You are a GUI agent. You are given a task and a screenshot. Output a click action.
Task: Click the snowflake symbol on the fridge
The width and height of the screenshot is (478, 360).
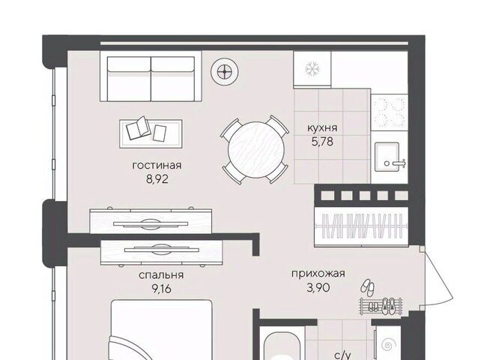312,69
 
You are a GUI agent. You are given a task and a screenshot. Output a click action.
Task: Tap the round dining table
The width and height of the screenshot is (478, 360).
256,149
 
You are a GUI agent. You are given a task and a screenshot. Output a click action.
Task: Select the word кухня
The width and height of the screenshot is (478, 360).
322,127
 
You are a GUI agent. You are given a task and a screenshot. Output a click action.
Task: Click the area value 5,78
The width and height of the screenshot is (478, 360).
322,142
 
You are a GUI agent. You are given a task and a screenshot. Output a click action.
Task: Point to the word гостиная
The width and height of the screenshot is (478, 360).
157,165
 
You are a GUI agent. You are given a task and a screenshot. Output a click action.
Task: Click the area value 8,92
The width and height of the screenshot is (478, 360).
157,179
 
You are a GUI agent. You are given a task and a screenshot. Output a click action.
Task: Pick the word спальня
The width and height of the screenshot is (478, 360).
161,275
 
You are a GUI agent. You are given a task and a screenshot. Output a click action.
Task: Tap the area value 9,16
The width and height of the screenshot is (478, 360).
161,289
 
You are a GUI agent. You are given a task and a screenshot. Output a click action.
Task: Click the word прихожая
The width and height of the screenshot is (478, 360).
318,274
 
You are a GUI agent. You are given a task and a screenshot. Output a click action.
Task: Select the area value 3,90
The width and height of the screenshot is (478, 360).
318,287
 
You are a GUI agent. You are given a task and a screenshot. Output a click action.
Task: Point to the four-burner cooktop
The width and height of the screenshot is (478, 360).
390,111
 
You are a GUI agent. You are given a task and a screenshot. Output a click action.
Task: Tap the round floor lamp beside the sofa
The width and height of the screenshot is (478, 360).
225,72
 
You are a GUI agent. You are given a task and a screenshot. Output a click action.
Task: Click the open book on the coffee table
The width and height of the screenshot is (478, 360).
138,127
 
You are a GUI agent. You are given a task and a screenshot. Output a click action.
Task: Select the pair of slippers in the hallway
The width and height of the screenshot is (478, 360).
368,286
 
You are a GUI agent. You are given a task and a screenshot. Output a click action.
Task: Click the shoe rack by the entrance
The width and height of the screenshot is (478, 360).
381,306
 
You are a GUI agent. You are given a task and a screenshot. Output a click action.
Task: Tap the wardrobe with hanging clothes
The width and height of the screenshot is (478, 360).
361,226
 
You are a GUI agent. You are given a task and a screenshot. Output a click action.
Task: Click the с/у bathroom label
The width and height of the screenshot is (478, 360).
342,355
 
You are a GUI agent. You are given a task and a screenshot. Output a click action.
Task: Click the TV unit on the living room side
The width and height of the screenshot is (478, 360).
151,221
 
